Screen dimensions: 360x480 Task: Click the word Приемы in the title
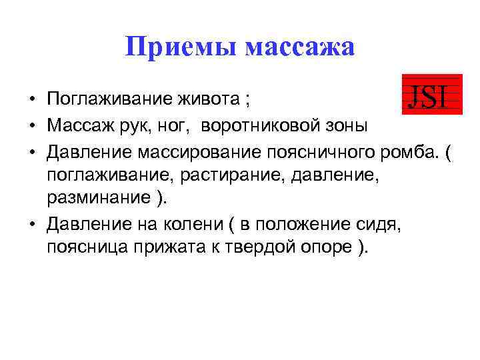tap(181, 47)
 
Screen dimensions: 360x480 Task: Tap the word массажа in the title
tap(300, 47)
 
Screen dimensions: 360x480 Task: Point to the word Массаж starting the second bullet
tap(77, 125)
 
